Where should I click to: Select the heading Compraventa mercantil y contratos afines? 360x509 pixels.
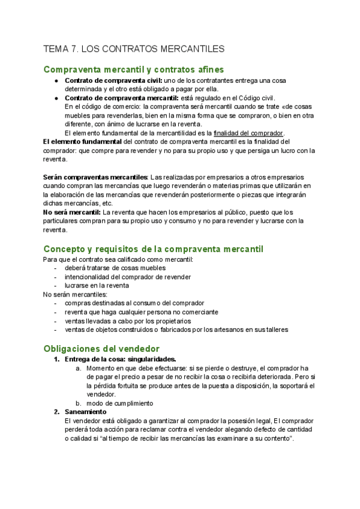134,70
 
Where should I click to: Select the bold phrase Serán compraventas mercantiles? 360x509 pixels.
95,177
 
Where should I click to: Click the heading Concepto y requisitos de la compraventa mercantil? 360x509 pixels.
153,248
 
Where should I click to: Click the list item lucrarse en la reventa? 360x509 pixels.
97,286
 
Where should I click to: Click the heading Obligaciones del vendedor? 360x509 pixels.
101,348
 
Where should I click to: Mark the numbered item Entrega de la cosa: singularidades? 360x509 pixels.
120,359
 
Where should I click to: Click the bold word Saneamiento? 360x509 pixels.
85,412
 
